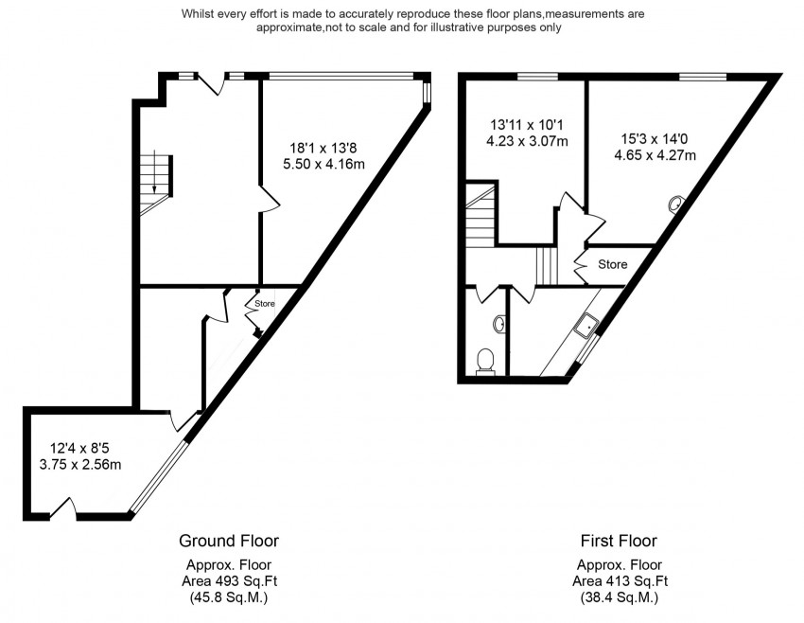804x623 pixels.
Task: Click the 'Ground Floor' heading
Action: tap(229, 541)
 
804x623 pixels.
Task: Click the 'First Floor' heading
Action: tap(619, 541)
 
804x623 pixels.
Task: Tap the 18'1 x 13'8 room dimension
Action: tap(323, 149)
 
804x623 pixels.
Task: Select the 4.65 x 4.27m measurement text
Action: tap(655, 155)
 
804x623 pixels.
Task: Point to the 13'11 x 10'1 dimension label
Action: tap(527, 125)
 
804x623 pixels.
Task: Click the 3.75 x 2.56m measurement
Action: tap(80, 465)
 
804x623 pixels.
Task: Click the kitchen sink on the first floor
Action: tap(586, 326)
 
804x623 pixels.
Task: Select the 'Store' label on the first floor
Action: tap(613, 264)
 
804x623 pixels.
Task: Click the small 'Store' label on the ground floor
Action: tap(265, 304)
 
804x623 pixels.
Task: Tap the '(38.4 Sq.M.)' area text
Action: tap(620, 597)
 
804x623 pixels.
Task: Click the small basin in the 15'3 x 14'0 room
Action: tap(674, 204)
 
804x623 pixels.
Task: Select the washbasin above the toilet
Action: tap(498, 324)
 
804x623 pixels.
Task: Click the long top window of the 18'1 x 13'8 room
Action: tap(341, 77)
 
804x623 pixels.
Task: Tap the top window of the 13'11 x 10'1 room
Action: tap(537, 77)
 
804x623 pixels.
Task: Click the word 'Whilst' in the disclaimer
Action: tap(197, 14)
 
